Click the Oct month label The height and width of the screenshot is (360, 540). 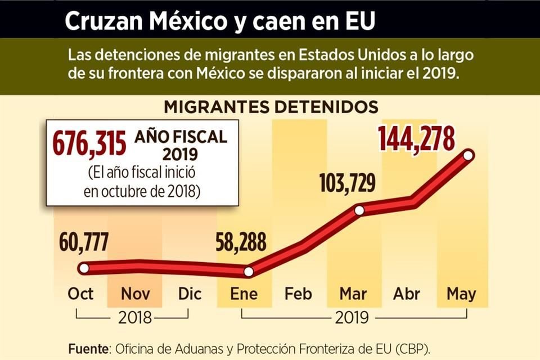(80, 294)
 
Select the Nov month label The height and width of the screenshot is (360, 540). (134, 294)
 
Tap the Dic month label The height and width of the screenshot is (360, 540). (189, 294)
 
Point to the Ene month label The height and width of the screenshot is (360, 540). (244, 294)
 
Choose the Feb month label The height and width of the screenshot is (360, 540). (298, 294)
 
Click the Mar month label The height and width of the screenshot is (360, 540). (353, 294)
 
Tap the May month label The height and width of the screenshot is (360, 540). (461, 294)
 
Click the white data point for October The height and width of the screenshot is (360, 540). (84, 268)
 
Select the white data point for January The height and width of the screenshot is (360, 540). (249, 272)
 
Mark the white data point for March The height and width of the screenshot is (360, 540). (359, 210)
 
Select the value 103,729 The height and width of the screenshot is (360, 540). (348, 183)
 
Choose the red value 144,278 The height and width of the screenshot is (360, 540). (416, 138)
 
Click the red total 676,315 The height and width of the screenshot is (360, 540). (89, 144)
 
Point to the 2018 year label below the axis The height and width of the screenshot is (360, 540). (135, 318)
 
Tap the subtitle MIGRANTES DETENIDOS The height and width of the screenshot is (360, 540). (271, 107)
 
